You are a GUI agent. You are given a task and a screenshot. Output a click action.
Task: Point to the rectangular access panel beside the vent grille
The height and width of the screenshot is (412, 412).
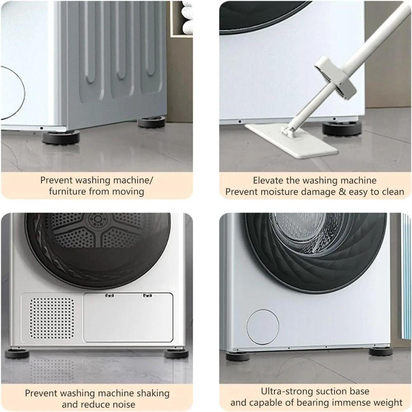pos(128,317)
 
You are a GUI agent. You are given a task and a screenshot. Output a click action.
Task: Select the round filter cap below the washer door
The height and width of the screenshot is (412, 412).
pos(263,327)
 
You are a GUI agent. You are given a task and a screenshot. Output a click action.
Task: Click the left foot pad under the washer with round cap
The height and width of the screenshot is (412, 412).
pos(238,356)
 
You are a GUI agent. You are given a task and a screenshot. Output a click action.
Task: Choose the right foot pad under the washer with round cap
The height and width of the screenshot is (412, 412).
pos(380,351)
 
